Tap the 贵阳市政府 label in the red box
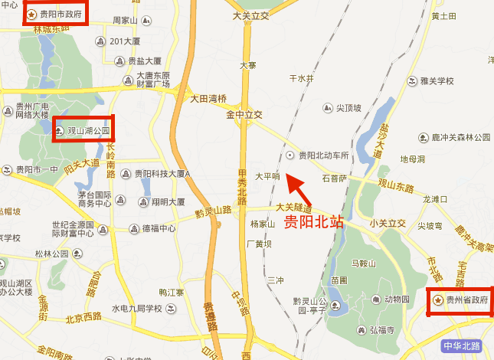[x=62, y=14]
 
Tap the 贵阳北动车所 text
[x=323, y=155]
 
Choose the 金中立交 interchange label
[x=244, y=115]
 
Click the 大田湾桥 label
[x=208, y=99]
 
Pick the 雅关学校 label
[x=437, y=80]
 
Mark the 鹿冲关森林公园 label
[x=461, y=137]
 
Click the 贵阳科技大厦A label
[x=161, y=174]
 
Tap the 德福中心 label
[x=159, y=228]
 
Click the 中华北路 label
[x=463, y=346]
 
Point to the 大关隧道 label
[x=294, y=207]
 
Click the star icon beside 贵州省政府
[x=437, y=299]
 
